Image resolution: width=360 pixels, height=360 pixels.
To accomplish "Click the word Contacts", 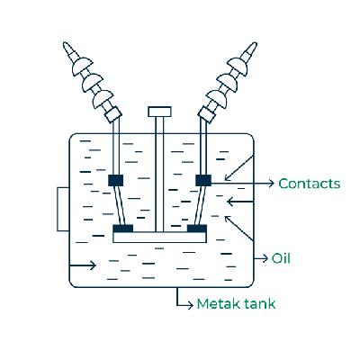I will tap(309, 184).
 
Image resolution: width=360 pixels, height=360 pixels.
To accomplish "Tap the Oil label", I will tap(282, 258).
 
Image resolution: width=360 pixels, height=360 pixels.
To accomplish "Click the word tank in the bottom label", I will tap(257, 304).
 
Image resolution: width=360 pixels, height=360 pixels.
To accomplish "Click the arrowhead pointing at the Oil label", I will tap(264, 258).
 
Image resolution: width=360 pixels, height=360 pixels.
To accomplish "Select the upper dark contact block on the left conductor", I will tap(116, 181).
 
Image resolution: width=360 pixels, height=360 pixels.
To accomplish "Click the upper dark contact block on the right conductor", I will tap(203, 181).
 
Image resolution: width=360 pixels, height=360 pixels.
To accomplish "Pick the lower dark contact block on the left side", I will tap(122, 229).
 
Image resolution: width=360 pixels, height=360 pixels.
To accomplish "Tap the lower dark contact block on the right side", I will tap(195, 229).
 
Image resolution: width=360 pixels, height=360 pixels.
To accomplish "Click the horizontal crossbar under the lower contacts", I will tap(159, 238).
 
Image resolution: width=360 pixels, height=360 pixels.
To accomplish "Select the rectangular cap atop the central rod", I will tap(158, 112).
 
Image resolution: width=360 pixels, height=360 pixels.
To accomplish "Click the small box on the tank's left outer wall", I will tap(62, 209).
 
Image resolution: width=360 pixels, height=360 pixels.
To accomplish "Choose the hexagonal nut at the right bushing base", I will tap(207, 115).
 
